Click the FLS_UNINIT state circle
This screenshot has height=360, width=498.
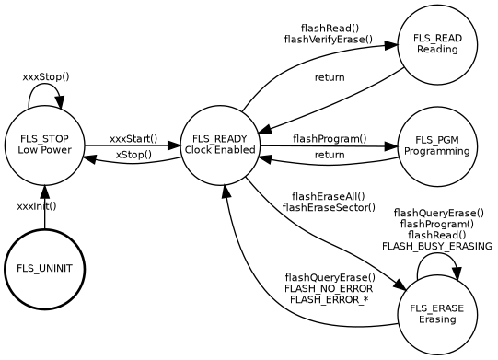(44, 268)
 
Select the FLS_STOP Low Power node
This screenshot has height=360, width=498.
(44, 145)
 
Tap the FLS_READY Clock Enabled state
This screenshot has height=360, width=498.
(220, 145)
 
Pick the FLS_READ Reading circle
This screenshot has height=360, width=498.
(437, 43)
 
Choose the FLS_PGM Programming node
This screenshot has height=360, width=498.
(437, 145)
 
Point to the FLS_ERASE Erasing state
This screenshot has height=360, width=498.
(437, 314)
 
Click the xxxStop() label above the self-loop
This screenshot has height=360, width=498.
(46, 76)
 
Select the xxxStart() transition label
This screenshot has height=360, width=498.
(133, 138)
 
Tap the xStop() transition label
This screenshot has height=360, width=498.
(133, 155)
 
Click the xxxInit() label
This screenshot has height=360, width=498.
(37, 206)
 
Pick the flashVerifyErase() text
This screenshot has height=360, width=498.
(329, 40)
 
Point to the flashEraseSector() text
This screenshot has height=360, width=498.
(329, 208)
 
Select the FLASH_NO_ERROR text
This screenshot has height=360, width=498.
(330, 289)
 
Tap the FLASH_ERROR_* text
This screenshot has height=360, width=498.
(329, 300)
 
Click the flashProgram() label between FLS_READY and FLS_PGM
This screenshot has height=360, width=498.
(330, 138)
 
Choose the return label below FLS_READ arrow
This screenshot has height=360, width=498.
(330, 77)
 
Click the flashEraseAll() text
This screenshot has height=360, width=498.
(328, 196)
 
